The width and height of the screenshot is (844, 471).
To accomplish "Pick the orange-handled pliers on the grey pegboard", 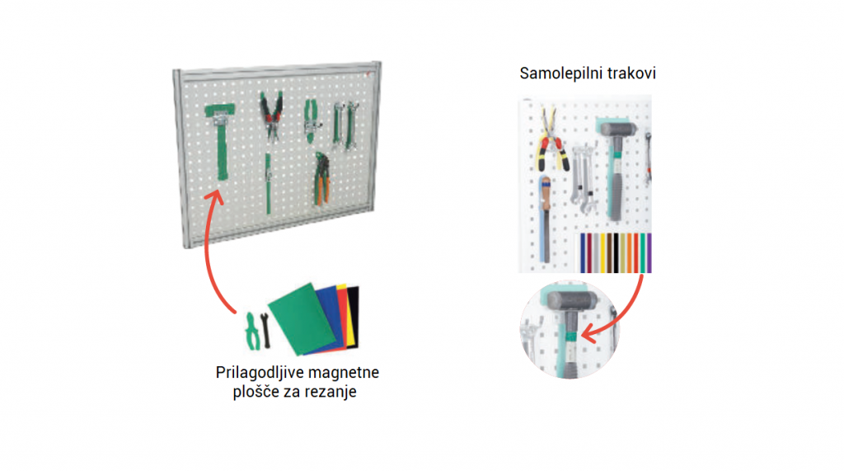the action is (x=322, y=179).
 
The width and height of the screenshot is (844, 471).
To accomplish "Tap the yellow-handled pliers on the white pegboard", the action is (x=551, y=139).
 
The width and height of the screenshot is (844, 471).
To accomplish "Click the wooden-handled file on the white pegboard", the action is (x=546, y=219).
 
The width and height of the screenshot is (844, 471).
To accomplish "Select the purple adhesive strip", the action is (x=649, y=252).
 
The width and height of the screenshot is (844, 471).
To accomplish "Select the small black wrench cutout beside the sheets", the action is (x=265, y=330).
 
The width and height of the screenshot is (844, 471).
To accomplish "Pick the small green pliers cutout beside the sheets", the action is (x=252, y=331).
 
